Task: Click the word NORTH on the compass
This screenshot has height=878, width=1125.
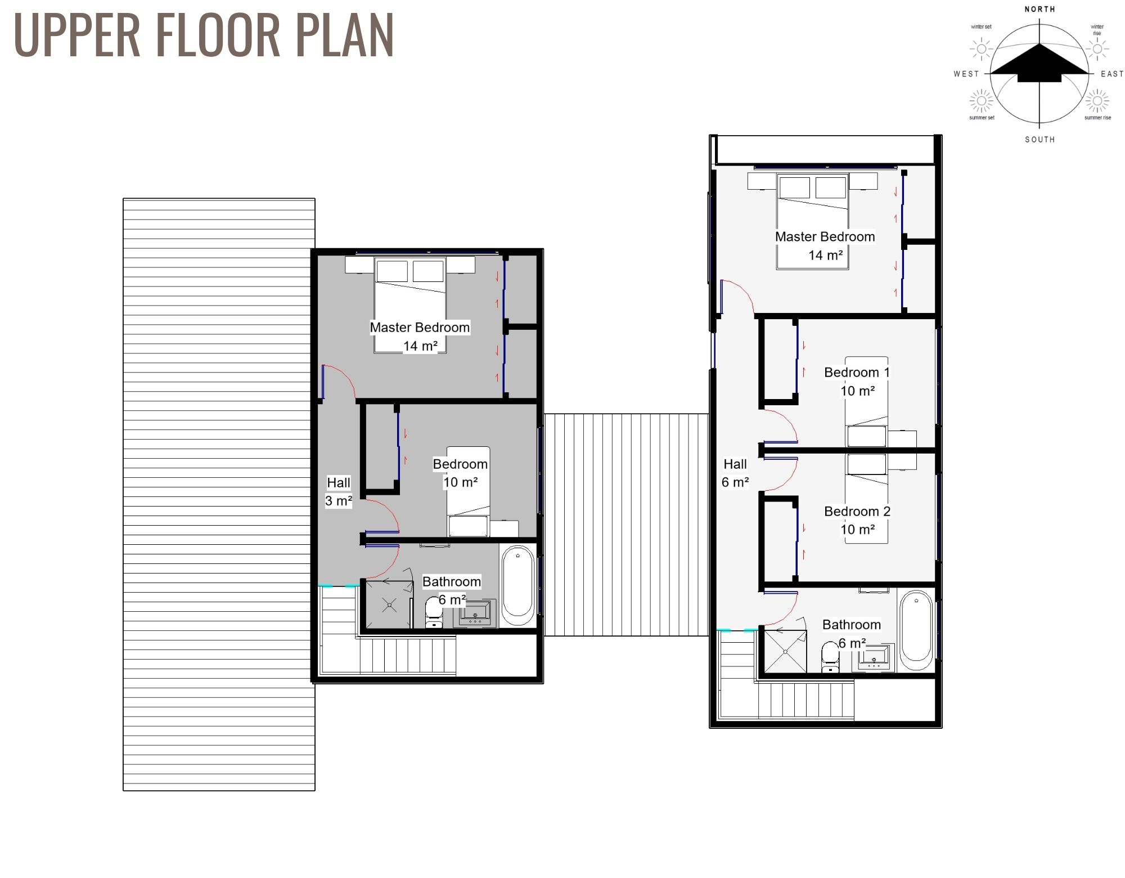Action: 1039,9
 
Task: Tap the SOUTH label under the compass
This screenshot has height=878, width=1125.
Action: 1039,140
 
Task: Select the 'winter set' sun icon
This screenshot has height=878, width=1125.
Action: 982,49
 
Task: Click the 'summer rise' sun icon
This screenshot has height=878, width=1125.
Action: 1096,102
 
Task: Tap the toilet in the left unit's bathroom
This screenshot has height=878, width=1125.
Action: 433,613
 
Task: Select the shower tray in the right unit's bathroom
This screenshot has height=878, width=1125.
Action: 785,652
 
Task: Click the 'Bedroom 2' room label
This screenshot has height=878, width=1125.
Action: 857,511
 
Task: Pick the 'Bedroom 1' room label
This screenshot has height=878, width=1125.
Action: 857,372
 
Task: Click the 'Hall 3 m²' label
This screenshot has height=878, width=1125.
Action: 339,491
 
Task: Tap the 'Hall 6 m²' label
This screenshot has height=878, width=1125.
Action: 735,473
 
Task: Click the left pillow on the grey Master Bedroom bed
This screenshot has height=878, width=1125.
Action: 392,271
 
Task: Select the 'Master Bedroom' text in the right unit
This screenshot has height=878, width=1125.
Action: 825,237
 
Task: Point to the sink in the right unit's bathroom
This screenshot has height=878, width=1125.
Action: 874,657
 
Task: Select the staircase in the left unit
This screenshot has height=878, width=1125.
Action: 394,656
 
